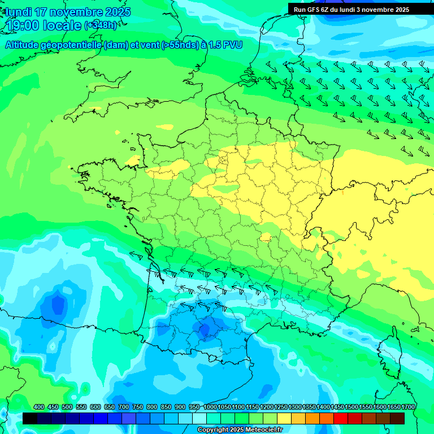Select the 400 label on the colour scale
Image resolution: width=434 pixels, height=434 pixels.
[x=39, y=407]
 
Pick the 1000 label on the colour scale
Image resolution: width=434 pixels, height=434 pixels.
[x=210, y=407]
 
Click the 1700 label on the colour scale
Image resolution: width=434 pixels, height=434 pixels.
[x=408, y=407]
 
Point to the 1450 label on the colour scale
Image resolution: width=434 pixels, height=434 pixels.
[x=337, y=407]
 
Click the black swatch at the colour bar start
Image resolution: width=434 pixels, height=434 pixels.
[x=30, y=419]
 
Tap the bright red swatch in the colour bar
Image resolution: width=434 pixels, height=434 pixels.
[x=341, y=419]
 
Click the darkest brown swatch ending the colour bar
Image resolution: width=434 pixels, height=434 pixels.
[x=397, y=419]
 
